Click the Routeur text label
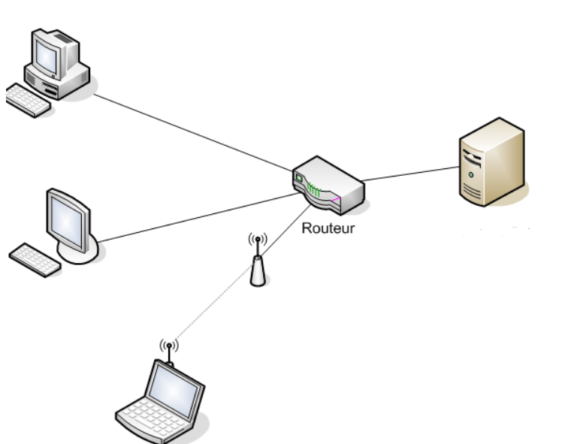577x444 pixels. point(328,228)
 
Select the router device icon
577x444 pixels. point(328,185)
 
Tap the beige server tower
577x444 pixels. point(491,162)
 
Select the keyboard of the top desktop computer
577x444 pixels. point(29,100)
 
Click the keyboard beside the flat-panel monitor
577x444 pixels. point(35,259)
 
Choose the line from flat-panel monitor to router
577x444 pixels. point(199,218)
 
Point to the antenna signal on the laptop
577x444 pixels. point(169,347)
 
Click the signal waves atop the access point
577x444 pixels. point(258,240)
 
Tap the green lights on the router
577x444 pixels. point(313,188)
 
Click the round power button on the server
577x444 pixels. point(470,174)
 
